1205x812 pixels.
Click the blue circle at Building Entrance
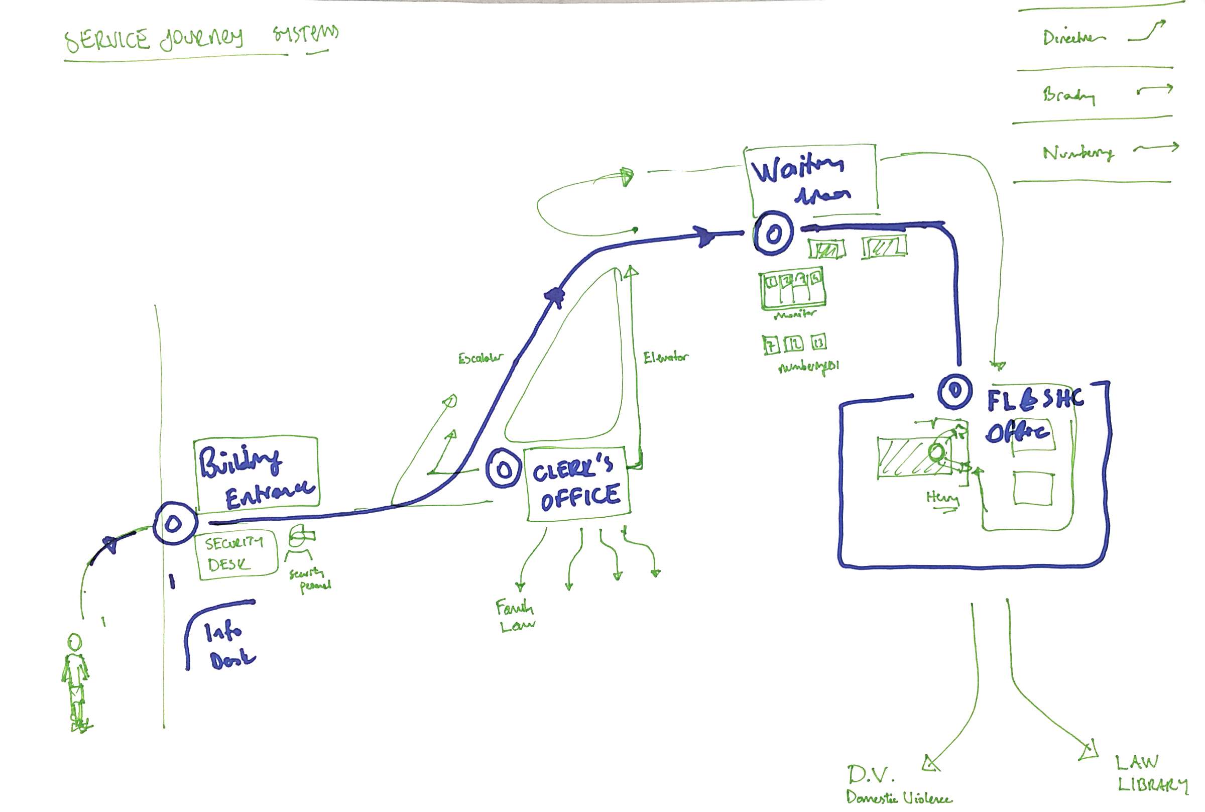coord(174,524)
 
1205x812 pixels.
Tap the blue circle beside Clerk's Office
coord(503,470)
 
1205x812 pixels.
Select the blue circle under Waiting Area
coord(773,234)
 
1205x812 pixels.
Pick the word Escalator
coord(480,358)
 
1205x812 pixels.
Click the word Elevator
coord(665,357)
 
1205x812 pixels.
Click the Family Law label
coord(516,615)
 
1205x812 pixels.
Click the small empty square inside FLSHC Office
coord(1033,487)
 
